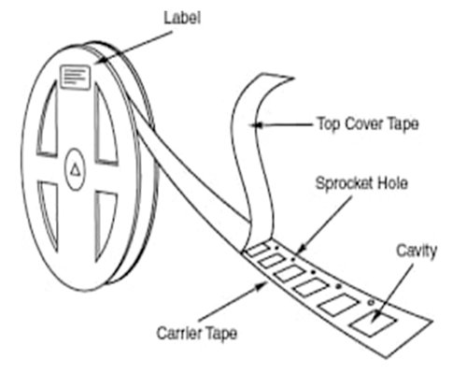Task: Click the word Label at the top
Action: (182, 18)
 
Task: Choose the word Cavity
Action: (417, 251)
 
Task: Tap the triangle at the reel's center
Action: (75, 170)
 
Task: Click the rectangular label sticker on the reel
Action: (76, 77)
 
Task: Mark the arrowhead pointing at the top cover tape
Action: (257, 125)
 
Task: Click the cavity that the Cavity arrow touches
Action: (373, 324)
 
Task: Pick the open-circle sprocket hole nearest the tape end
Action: (370, 302)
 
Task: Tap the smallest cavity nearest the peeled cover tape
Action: (258, 250)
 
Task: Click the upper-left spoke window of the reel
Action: (48, 120)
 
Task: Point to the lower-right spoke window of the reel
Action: (105, 224)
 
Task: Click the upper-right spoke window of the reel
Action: (106, 124)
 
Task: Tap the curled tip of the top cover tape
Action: (291, 78)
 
